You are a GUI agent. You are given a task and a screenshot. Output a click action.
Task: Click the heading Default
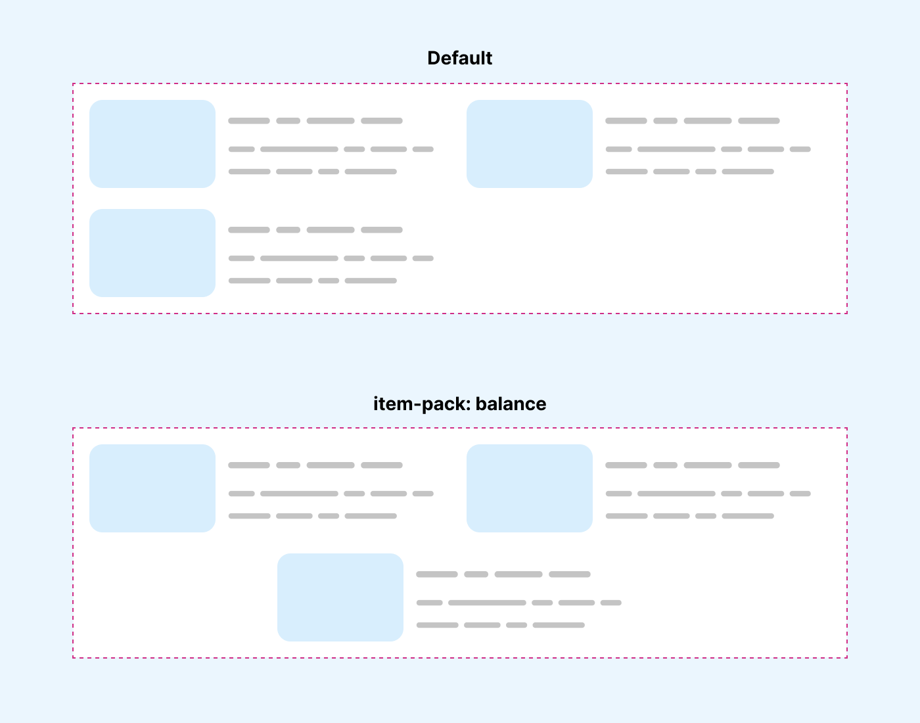[x=459, y=58]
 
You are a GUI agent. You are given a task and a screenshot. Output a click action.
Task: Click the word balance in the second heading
[x=511, y=404]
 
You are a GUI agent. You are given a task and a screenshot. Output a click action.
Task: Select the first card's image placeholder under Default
[x=152, y=144]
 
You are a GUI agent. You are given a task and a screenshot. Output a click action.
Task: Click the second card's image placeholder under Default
[x=530, y=144]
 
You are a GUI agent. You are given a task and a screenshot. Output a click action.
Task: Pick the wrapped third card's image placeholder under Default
[x=152, y=253]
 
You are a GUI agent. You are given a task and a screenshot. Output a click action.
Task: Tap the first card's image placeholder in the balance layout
[x=152, y=488]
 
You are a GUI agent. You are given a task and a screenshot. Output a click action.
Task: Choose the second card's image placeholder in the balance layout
[x=530, y=488]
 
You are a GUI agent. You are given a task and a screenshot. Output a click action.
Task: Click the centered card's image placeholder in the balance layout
[x=340, y=597]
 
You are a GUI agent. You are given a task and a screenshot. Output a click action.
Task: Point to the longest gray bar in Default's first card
[x=299, y=149]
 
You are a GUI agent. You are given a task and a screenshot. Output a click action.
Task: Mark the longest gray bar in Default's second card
[x=676, y=149]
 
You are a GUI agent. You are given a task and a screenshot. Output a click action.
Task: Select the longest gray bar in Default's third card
[x=299, y=258]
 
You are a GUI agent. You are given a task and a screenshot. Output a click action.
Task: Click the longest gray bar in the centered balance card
[x=487, y=603]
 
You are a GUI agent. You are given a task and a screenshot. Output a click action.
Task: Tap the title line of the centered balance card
[x=503, y=574]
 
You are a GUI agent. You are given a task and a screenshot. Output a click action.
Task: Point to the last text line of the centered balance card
[x=501, y=625]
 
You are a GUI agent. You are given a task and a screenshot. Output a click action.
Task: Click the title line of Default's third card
[x=315, y=230]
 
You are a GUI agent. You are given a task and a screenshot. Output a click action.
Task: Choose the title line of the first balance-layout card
[x=315, y=465]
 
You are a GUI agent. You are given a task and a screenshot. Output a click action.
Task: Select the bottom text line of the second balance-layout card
[x=690, y=516]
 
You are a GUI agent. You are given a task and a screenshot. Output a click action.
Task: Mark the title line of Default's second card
[x=693, y=121]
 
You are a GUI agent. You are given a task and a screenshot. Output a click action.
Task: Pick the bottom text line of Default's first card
[x=313, y=172]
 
